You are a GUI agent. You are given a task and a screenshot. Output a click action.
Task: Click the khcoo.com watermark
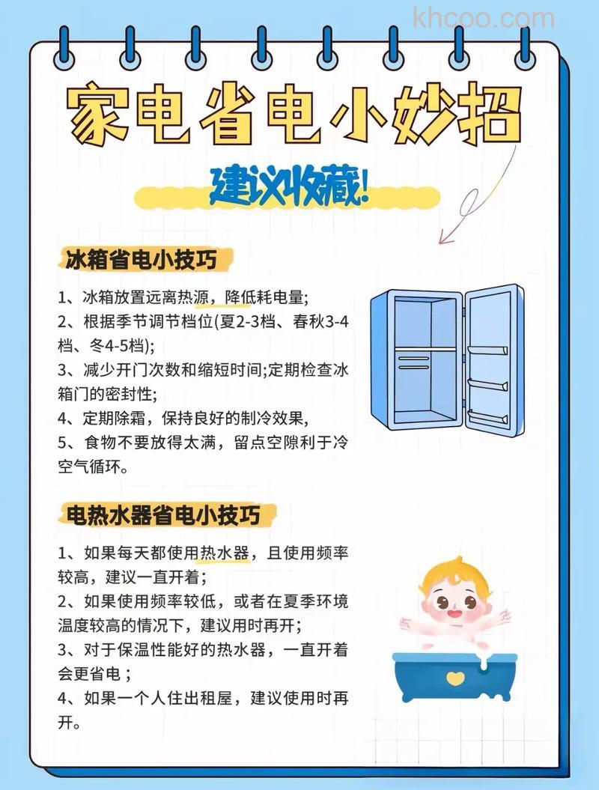click(483, 18)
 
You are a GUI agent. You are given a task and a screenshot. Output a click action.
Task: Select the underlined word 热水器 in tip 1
click(223, 554)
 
